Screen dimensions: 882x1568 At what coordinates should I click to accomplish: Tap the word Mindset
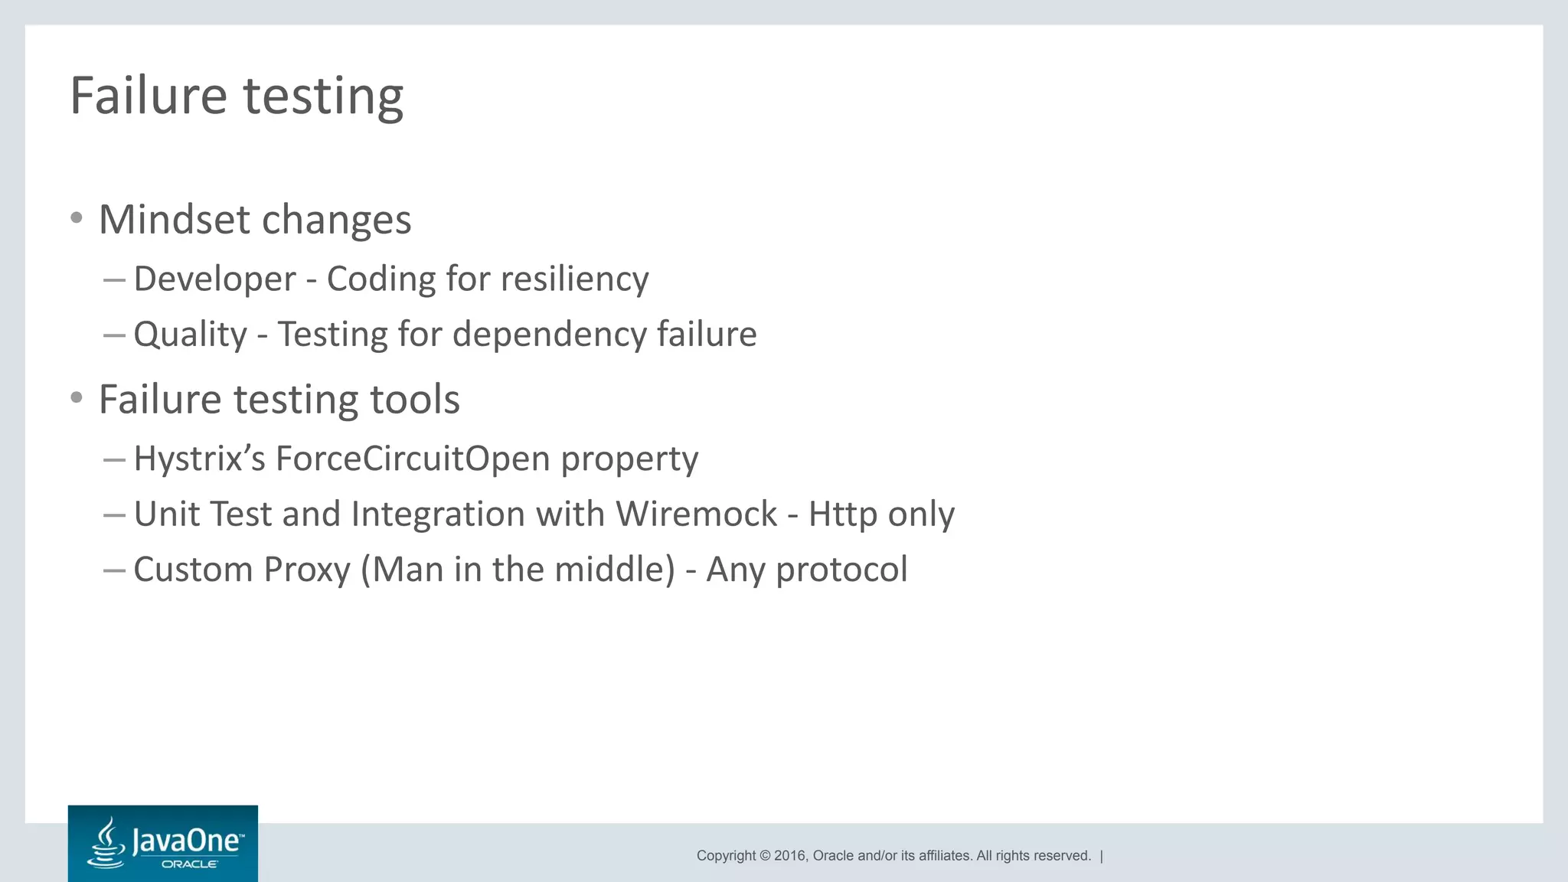coord(175,220)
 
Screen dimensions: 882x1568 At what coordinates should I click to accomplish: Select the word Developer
coord(214,279)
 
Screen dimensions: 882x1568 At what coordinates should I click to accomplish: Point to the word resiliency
coord(574,279)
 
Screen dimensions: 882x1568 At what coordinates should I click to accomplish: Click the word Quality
coord(191,335)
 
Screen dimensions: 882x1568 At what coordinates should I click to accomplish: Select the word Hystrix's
coord(199,459)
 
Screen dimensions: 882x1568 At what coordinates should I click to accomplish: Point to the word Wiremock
coord(696,514)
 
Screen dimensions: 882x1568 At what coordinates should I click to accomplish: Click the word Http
coord(842,514)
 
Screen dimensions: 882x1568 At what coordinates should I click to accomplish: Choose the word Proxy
coord(306,570)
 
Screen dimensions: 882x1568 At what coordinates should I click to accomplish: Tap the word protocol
coord(841,570)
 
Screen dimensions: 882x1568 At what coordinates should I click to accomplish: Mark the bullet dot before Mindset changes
coord(76,218)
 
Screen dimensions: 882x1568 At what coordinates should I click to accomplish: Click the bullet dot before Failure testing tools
coord(76,398)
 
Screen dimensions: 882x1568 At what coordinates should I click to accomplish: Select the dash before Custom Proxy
coord(114,570)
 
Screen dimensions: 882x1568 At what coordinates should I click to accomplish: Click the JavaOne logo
coord(163,843)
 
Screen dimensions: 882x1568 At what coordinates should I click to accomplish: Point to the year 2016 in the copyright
coord(789,856)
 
